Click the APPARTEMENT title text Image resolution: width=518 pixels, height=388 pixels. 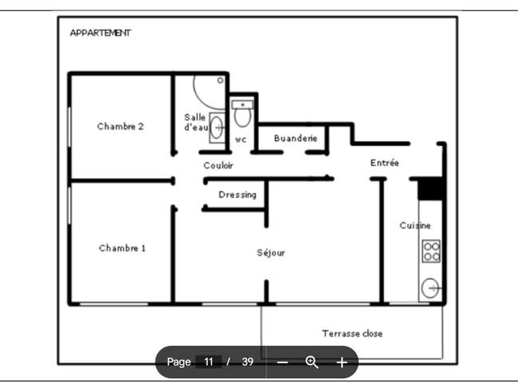click(x=100, y=33)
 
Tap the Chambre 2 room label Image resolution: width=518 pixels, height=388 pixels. click(x=120, y=126)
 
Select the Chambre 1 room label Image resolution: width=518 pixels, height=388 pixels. click(x=122, y=248)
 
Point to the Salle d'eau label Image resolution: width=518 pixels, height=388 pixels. click(x=196, y=122)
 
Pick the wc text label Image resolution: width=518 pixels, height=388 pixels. click(x=241, y=139)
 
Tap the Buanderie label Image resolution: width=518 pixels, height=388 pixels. click(x=296, y=138)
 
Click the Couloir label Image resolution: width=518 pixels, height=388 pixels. click(x=218, y=165)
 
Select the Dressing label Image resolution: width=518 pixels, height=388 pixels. click(x=237, y=194)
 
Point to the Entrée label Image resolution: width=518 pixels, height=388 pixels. click(x=384, y=163)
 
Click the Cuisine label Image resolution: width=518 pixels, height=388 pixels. click(x=415, y=225)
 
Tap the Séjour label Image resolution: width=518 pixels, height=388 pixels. click(x=271, y=253)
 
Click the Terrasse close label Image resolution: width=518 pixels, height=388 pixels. click(x=352, y=334)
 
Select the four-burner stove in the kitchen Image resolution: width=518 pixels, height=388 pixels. click(x=431, y=251)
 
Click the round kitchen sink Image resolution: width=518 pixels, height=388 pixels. click(x=430, y=288)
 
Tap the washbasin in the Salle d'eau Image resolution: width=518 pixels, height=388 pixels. click(x=217, y=127)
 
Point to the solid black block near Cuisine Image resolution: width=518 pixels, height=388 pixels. click(x=430, y=189)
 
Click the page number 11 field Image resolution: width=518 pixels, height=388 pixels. click(x=208, y=362)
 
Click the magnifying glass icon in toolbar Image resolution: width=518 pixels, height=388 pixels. click(x=312, y=363)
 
